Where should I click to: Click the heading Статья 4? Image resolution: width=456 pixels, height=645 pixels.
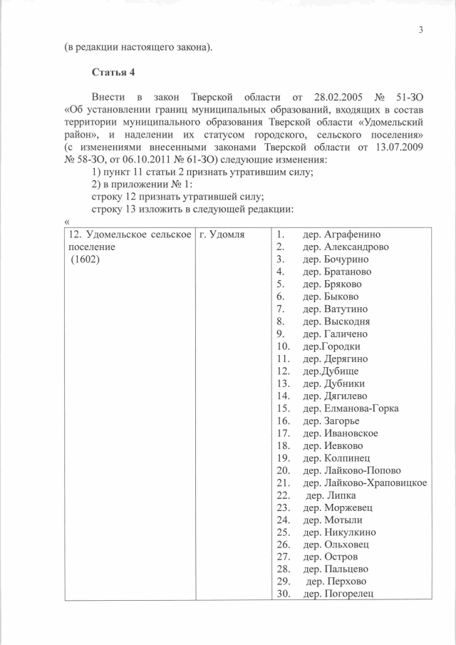(113, 73)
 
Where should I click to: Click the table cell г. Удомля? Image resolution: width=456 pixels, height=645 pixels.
(223, 234)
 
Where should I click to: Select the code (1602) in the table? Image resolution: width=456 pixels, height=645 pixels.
(85, 259)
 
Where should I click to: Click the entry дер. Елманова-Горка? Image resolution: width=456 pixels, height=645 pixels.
(351, 408)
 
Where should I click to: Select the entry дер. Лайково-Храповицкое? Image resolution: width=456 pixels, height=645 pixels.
(365, 483)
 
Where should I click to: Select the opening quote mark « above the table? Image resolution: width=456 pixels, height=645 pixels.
(66, 220)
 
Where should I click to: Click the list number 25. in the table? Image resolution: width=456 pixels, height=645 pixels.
(282, 532)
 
